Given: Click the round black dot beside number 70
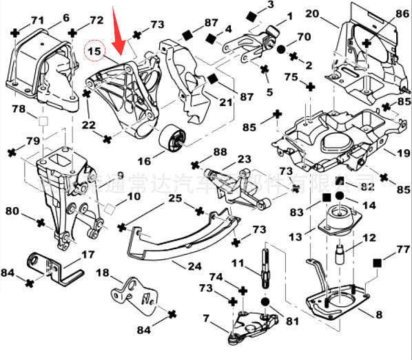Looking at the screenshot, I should pyautogui.click(x=282, y=49).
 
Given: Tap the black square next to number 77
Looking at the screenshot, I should pyautogui.click(x=377, y=263).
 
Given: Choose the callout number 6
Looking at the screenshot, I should pyautogui.click(x=66, y=17).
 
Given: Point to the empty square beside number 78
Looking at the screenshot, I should pyautogui.click(x=42, y=122).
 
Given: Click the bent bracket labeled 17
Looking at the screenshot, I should pyautogui.click(x=52, y=265).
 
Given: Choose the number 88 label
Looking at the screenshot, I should pyautogui.click(x=220, y=151).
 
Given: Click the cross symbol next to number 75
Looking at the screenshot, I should pyautogui.click(x=309, y=88).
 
